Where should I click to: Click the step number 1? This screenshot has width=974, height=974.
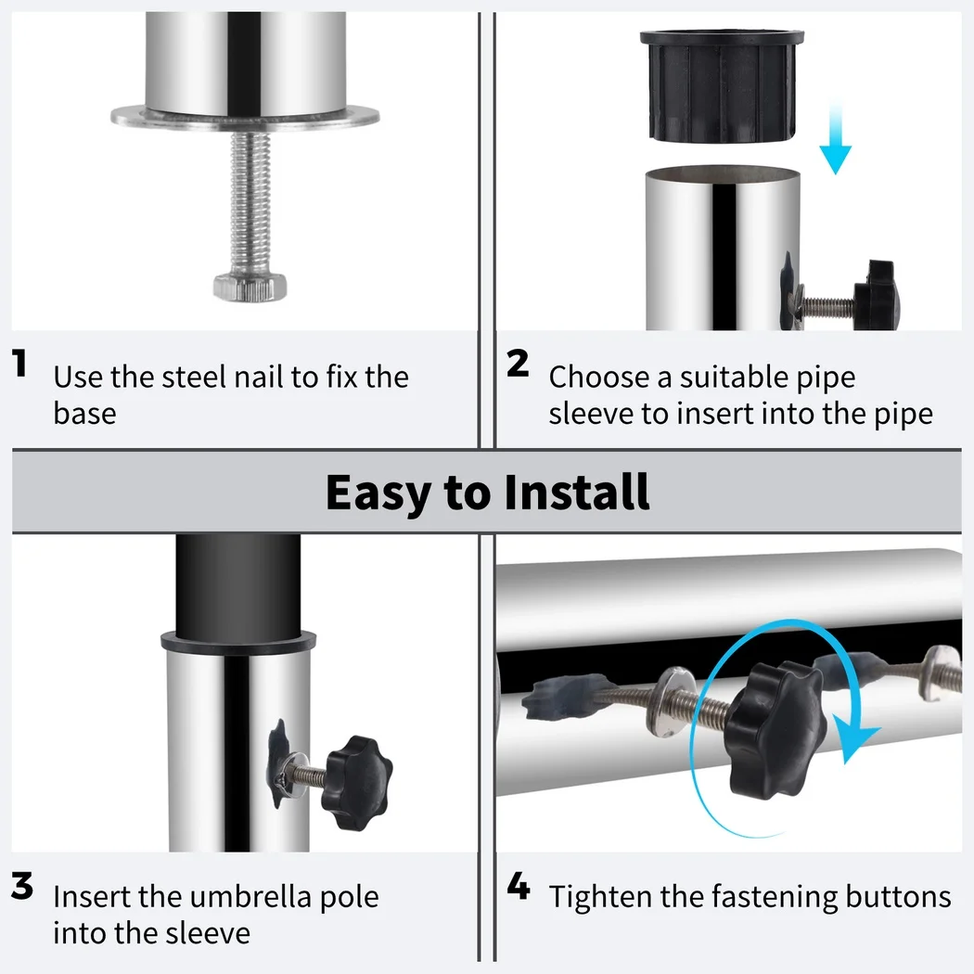[x=19, y=365]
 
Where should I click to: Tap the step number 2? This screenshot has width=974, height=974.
[x=518, y=365]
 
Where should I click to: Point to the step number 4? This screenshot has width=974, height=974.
[x=519, y=887]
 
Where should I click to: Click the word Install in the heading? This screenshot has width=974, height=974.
[x=576, y=493]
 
